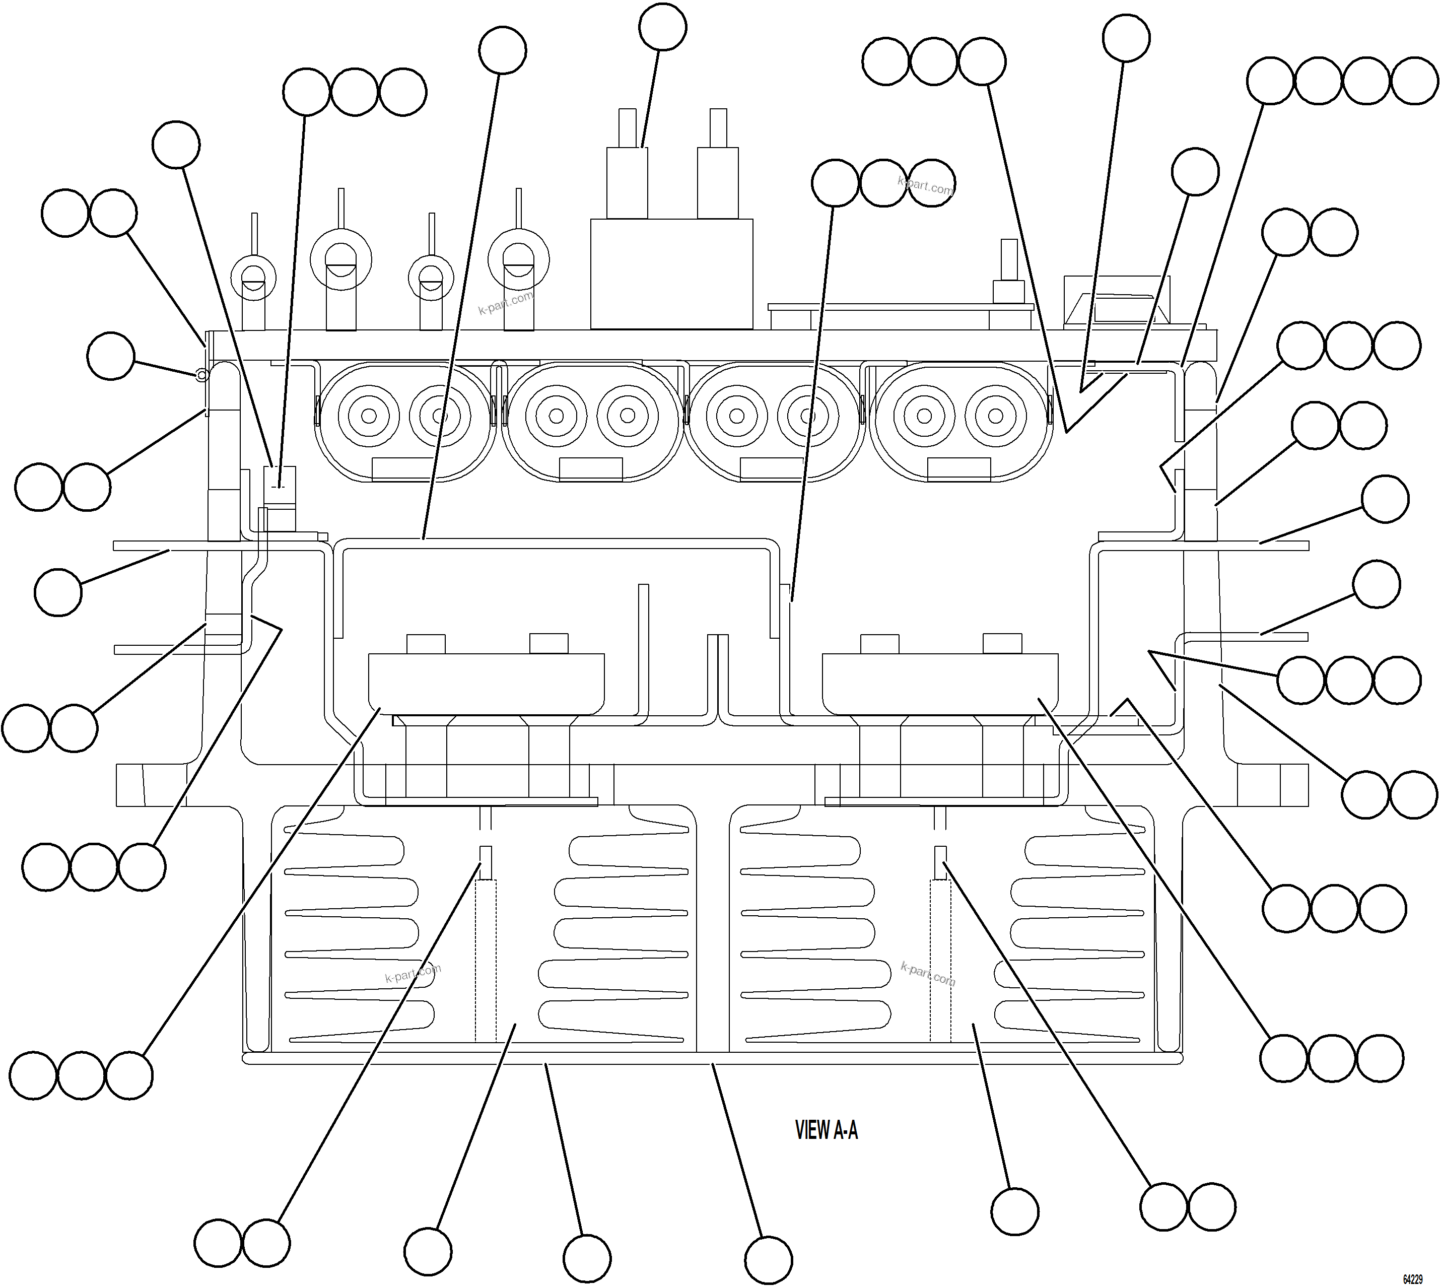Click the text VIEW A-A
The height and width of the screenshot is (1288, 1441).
(x=826, y=1130)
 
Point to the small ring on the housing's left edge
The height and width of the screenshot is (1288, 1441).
(x=201, y=375)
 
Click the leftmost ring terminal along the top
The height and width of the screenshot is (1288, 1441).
(x=253, y=273)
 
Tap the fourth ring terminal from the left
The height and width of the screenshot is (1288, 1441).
(x=519, y=258)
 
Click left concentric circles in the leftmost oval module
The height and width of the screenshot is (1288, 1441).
(x=369, y=416)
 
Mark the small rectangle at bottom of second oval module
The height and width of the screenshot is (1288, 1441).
(x=590, y=469)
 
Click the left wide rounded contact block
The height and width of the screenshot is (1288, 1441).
(x=486, y=683)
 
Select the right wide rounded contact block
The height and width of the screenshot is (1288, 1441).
(x=940, y=683)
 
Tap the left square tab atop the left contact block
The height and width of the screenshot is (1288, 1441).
(x=426, y=643)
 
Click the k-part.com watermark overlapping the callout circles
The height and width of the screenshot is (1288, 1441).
(x=926, y=185)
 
